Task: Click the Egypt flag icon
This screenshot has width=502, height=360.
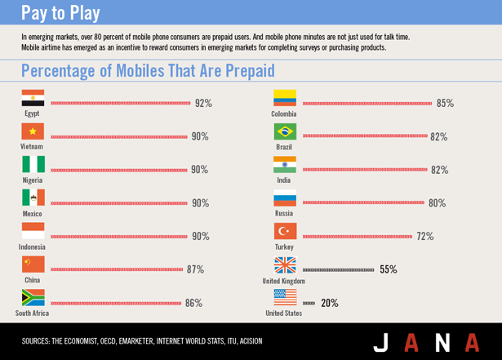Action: [x=33, y=98]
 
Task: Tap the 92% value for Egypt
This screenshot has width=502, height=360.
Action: [x=203, y=103]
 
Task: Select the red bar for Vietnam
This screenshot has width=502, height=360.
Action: [x=118, y=136]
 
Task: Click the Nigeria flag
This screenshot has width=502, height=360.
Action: [x=33, y=164]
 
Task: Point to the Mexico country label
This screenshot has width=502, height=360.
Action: [x=33, y=213]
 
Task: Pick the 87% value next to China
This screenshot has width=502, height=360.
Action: [x=195, y=269]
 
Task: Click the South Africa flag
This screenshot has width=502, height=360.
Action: [x=33, y=297]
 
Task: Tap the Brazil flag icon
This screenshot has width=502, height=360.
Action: [x=285, y=131]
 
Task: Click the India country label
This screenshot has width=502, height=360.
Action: [x=284, y=180]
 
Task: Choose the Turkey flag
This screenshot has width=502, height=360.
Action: [x=285, y=231]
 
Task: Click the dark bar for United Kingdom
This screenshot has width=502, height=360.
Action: [x=339, y=269]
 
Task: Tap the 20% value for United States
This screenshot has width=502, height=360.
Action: [x=330, y=303]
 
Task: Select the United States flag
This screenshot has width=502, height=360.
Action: [x=285, y=297]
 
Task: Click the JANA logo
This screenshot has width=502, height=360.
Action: [x=427, y=341]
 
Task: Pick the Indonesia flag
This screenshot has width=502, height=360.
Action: [x=33, y=230]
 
